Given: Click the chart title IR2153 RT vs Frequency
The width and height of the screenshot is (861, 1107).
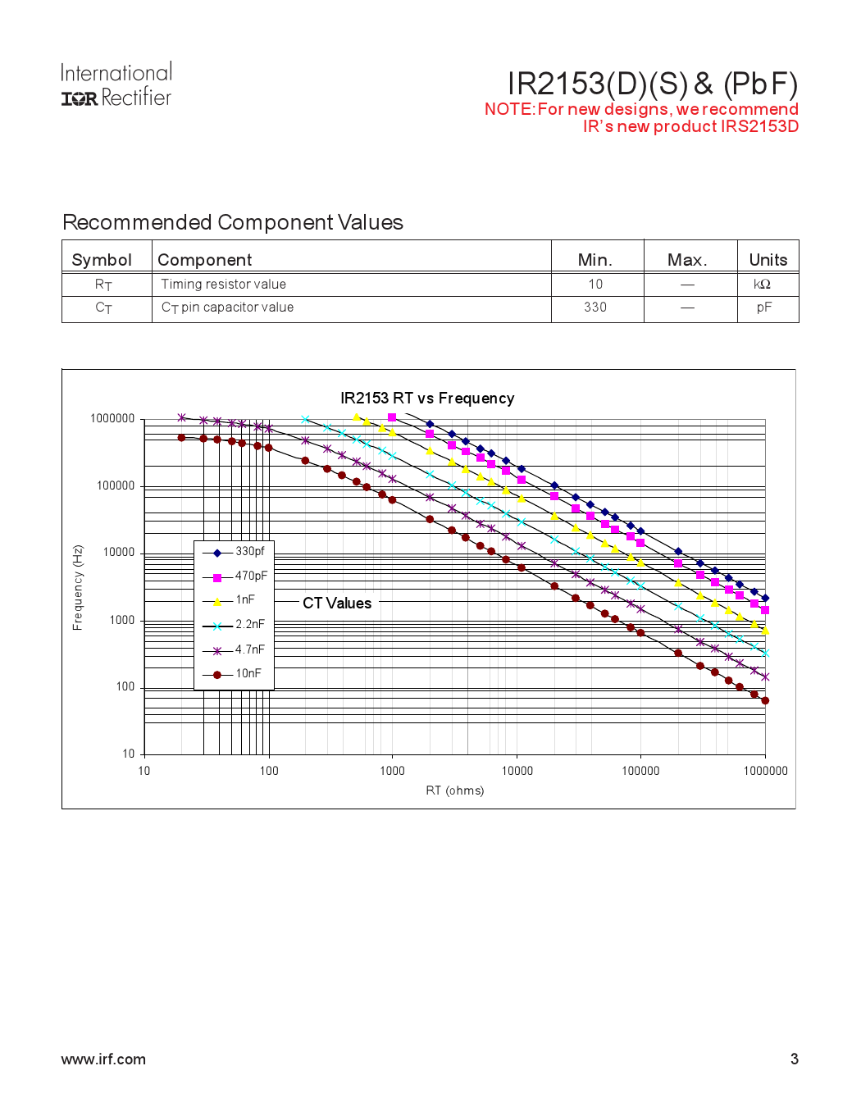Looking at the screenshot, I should tap(427, 399).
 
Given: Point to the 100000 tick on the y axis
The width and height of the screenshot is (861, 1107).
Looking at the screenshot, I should tap(116, 486).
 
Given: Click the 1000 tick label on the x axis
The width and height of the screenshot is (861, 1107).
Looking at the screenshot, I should tap(392, 771).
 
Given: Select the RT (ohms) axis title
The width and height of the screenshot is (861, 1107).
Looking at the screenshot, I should tap(454, 791).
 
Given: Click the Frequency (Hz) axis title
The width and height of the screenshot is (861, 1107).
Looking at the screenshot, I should tap(78, 588).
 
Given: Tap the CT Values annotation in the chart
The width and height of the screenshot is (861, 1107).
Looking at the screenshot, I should tap(337, 604).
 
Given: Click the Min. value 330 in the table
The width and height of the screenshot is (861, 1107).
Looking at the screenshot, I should tap(595, 307).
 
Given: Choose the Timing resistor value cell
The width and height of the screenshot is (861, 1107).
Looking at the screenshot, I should tap(224, 285).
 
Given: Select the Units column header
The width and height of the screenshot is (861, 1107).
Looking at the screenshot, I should tap(768, 260).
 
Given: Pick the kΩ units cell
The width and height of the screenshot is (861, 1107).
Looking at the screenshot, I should tap(763, 285).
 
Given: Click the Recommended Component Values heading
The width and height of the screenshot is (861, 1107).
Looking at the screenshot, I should tap(233, 222).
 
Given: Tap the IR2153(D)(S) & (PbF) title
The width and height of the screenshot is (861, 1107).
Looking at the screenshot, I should tap(652, 84).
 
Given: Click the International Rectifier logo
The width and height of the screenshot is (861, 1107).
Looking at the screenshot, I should tap(116, 85).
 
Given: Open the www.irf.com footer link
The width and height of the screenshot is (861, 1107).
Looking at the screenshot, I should tap(103, 1059).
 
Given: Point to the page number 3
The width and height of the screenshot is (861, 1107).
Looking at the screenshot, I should tap(794, 1059).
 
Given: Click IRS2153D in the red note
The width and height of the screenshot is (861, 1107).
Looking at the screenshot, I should tap(759, 126).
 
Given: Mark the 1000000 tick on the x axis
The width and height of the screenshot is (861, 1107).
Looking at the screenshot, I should tap(765, 771).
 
